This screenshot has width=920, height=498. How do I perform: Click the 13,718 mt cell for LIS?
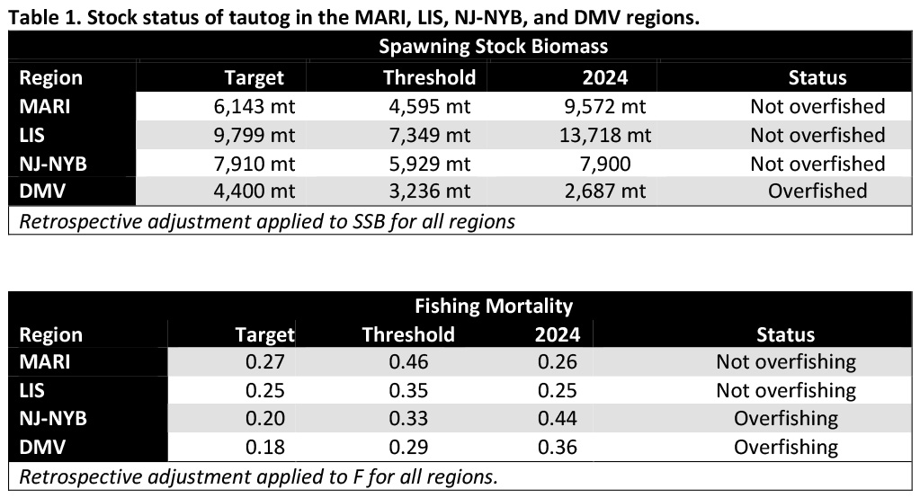(x=602, y=135)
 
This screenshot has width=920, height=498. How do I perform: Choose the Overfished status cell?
(x=817, y=191)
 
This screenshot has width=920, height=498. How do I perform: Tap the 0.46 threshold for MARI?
(x=408, y=362)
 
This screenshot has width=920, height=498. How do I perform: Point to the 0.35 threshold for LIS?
(x=408, y=390)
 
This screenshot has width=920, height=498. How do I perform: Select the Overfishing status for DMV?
(x=786, y=447)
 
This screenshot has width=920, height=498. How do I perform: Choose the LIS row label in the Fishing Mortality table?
(x=32, y=390)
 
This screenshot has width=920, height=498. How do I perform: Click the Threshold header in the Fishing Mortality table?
(x=408, y=335)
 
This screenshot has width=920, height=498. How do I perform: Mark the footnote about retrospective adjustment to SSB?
(x=267, y=220)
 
